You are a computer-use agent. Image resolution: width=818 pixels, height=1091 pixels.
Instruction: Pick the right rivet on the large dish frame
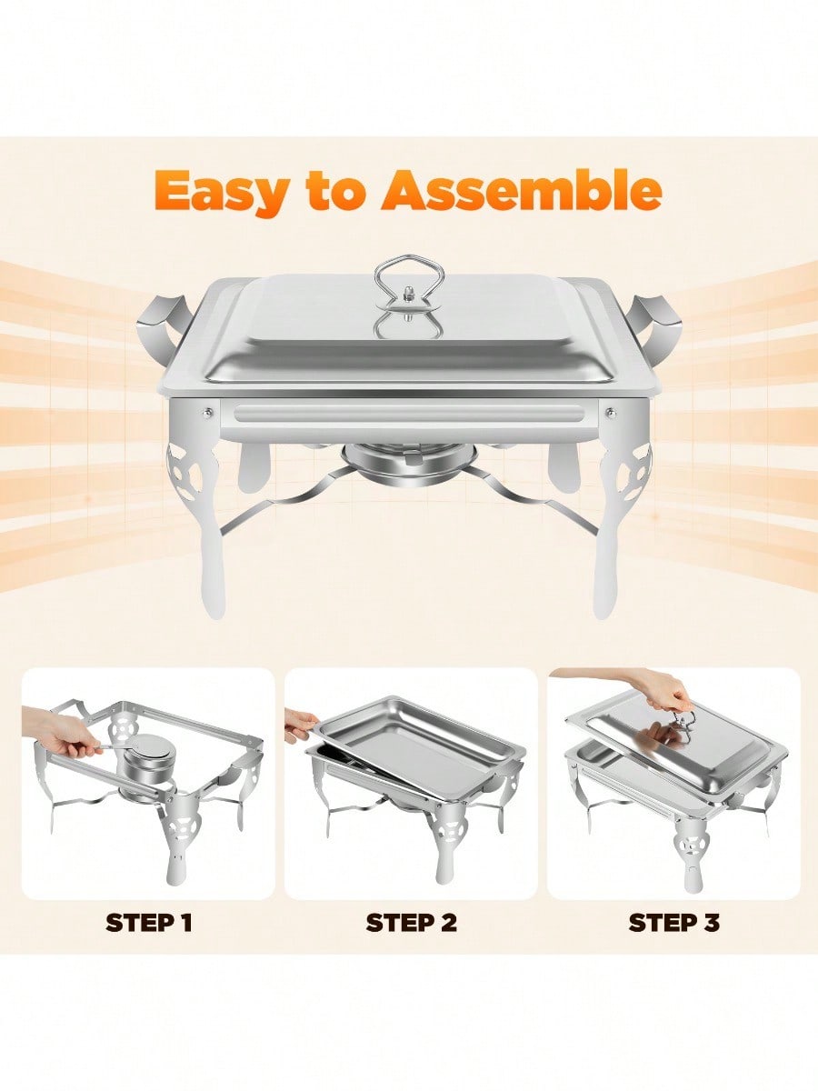click(x=611, y=411)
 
